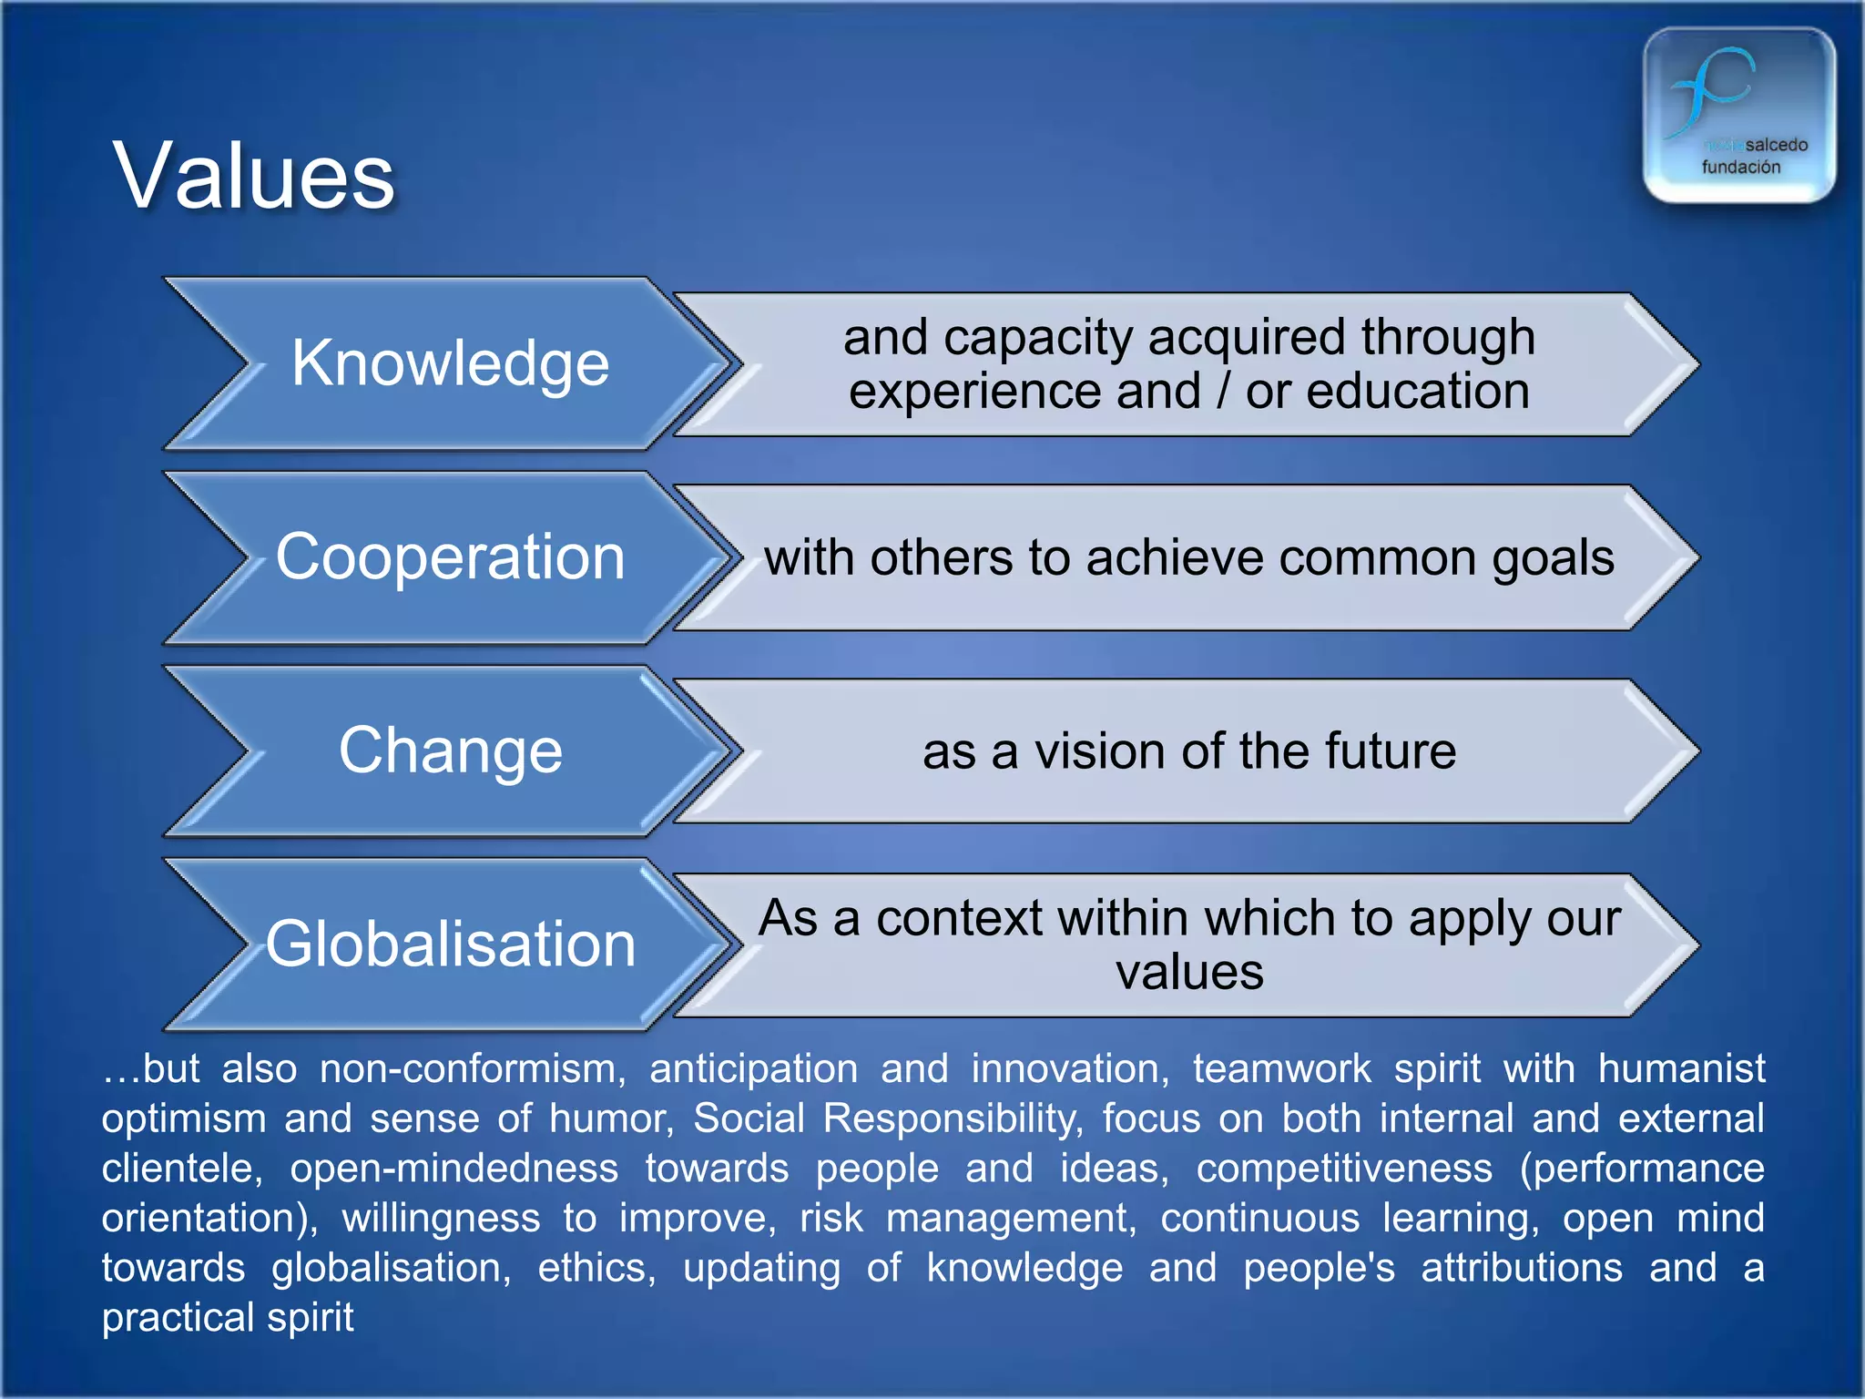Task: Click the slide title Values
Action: (x=254, y=177)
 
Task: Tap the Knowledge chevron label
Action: (x=450, y=363)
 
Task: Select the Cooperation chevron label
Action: (x=450, y=557)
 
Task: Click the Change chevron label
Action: (x=450, y=751)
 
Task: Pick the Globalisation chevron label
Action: (x=450, y=944)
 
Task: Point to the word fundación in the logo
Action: (x=1740, y=168)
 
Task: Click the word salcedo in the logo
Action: (x=1776, y=145)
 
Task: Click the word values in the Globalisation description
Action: (x=1189, y=972)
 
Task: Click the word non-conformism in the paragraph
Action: (x=472, y=1068)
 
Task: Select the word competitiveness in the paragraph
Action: (x=1344, y=1169)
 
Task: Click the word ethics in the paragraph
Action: (x=596, y=1268)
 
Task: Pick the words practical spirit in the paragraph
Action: (x=228, y=1318)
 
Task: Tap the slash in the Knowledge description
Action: (x=1223, y=392)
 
